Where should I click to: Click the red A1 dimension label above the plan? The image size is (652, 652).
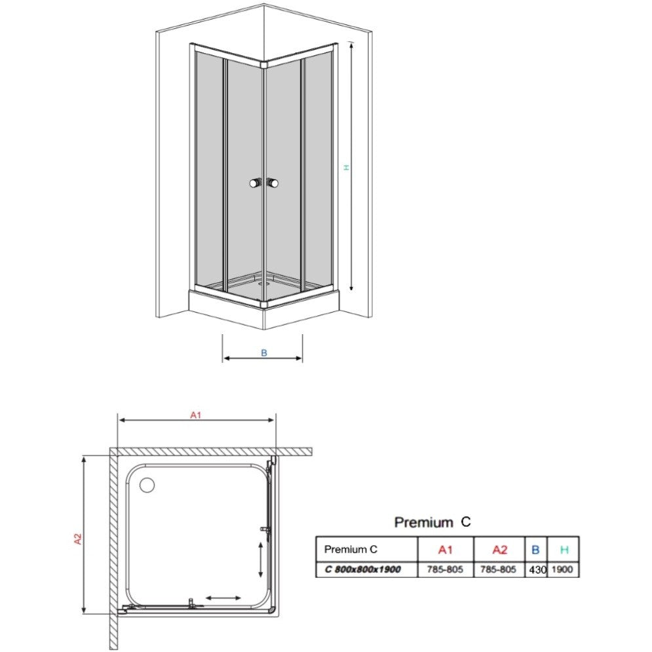click(x=195, y=415)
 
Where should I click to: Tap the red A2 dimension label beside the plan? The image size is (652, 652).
click(x=78, y=539)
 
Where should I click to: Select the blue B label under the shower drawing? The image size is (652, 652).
click(x=264, y=353)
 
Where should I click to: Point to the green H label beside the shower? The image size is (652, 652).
click(x=346, y=167)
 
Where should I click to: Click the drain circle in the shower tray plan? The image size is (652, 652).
click(x=147, y=485)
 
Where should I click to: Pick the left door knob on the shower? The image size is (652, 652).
click(x=256, y=183)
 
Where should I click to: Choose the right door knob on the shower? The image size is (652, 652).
click(x=273, y=183)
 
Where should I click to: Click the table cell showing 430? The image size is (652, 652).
click(x=537, y=569)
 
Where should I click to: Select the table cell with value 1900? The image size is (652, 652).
click(x=562, y=569)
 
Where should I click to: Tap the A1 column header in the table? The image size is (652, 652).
click(x=445, y=550)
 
